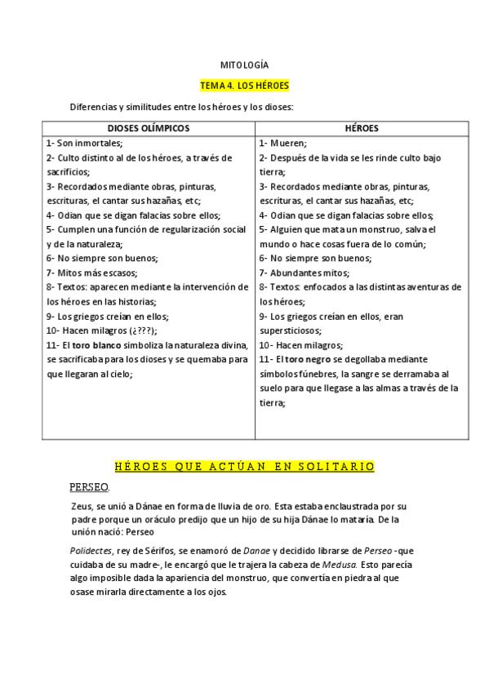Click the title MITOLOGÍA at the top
(244, 64)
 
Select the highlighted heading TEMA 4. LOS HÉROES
(244, 85)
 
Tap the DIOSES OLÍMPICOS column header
(149, 128)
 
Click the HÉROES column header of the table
(362, 128)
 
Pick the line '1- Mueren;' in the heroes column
(282, 143)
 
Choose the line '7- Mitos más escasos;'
(91, 273)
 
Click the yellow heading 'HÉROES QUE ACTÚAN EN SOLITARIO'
(244, 466)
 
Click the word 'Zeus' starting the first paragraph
(82, 506)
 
